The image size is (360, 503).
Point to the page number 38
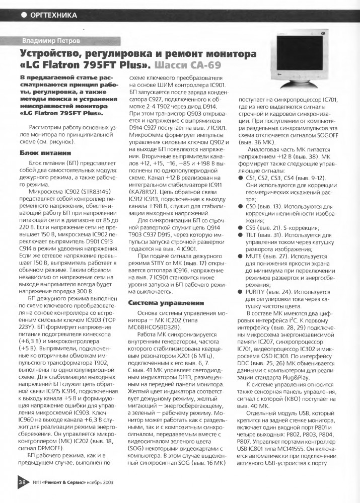(23, 495)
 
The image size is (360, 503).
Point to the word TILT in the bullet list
(254, 234)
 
